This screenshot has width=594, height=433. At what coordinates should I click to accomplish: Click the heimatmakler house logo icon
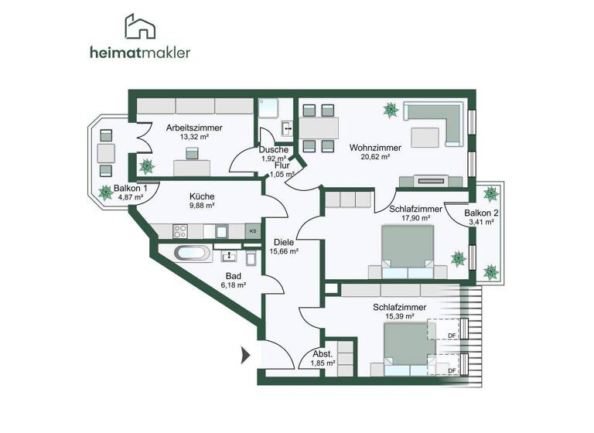141,27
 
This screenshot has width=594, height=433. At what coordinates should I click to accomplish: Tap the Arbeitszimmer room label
194,128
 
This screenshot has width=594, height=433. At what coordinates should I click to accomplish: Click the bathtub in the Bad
190,253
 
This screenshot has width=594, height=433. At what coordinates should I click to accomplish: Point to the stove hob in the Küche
181,230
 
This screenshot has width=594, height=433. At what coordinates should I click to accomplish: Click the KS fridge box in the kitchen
252,230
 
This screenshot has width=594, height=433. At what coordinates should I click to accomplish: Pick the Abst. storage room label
323,353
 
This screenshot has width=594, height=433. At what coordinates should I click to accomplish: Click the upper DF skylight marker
452,335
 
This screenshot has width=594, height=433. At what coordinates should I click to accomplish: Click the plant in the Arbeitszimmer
145,165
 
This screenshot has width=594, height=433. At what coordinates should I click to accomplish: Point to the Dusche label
274,150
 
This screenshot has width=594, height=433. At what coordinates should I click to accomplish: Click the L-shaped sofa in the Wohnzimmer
434,123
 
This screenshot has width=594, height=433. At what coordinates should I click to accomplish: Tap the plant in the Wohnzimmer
391,111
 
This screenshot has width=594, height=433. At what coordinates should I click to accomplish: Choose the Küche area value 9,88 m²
201,206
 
